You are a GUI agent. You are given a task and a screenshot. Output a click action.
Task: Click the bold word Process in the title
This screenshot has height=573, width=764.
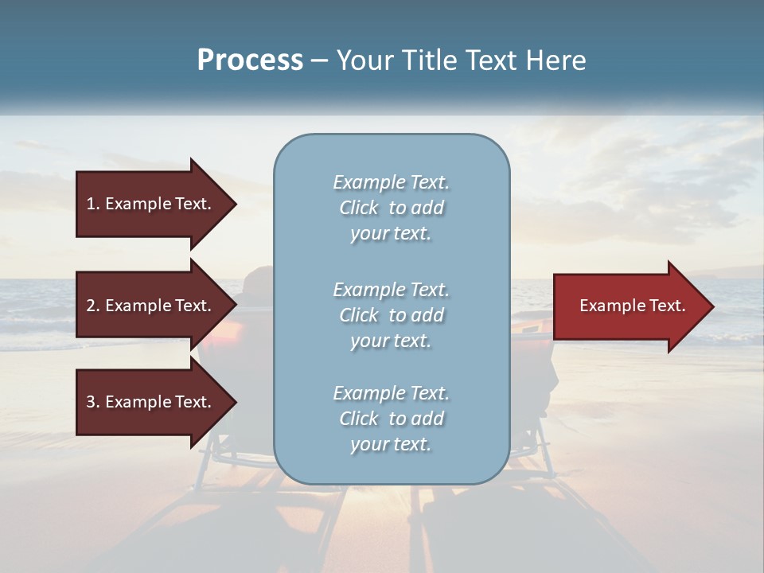[250, 60]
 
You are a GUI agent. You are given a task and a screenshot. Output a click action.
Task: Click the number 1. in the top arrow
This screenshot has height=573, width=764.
[93, 204]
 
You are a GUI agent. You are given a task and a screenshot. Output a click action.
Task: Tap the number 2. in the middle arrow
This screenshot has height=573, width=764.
[93, 306]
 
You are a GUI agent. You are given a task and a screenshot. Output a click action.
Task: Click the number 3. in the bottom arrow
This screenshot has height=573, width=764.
[93, 402]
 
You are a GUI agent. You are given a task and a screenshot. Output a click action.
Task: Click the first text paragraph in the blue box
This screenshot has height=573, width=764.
[391, 208]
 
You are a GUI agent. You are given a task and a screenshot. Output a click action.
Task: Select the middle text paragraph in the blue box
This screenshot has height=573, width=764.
[391, 315]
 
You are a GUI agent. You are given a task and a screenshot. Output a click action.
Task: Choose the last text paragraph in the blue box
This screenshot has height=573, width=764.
[391, 419]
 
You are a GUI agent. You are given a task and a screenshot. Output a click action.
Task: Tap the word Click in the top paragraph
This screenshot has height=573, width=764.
[359, 209]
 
